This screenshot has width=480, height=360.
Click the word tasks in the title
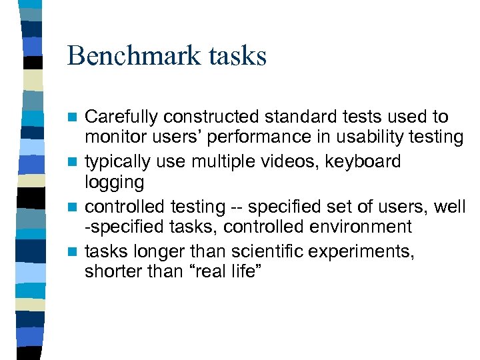tap(239, 56)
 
